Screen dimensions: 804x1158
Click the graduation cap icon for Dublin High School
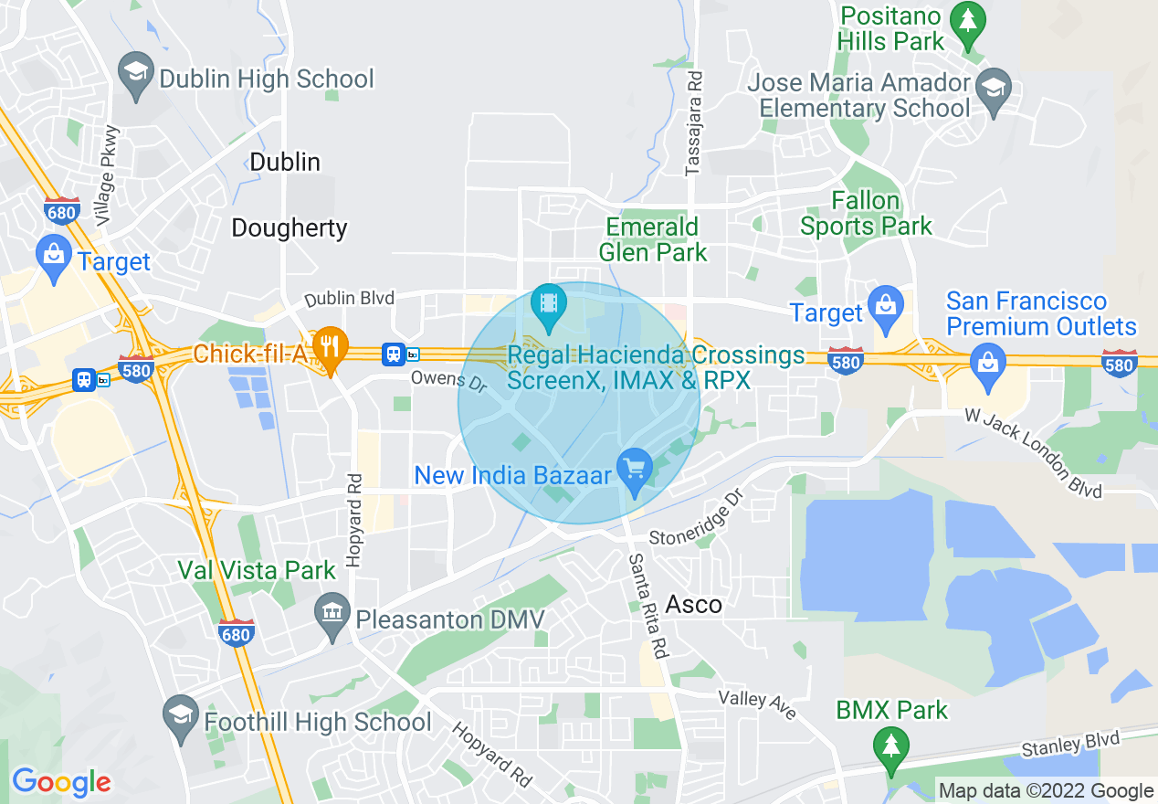coord(137,79)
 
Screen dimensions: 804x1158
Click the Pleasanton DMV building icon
coord(332,619)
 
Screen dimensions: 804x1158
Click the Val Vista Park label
coord(257,571)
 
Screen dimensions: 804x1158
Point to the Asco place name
coord(694,604)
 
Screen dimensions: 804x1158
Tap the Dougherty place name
coord(289,227)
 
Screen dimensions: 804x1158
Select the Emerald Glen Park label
coord(653,239)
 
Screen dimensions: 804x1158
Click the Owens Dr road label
coord(448,379)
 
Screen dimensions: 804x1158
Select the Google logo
coord(61,782)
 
